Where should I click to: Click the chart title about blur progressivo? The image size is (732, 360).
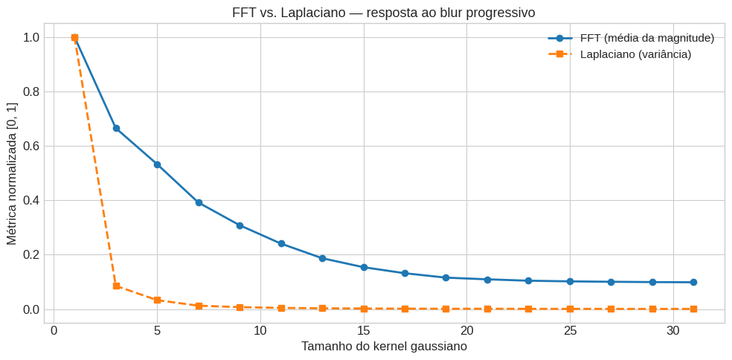pos(383,13)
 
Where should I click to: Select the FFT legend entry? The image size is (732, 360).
pos(646,38)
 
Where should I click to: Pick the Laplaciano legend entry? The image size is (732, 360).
pos(635,54)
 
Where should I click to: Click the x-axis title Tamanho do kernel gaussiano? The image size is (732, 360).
pos(384,346)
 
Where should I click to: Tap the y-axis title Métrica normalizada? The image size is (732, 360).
pos(12,173)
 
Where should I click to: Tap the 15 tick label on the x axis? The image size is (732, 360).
pos(363,330)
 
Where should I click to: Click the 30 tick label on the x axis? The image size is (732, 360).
pos(672,330)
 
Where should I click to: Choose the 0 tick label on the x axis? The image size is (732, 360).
pos(54,330)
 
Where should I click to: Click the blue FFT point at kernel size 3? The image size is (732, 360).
pos(116,128)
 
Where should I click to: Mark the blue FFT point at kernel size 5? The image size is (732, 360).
pos(157,164)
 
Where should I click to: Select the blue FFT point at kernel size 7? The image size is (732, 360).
pos(199,202)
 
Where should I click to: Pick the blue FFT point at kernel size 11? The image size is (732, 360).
pos(281,243)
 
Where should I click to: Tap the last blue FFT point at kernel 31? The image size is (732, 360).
pos(693,282)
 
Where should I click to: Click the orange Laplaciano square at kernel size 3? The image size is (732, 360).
pos(116,286)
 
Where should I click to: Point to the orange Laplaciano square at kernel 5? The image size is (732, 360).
pos(157,300)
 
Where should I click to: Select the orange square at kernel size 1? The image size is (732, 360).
pos(74,37)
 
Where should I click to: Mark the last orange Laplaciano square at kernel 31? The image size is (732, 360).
pos(693,309)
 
